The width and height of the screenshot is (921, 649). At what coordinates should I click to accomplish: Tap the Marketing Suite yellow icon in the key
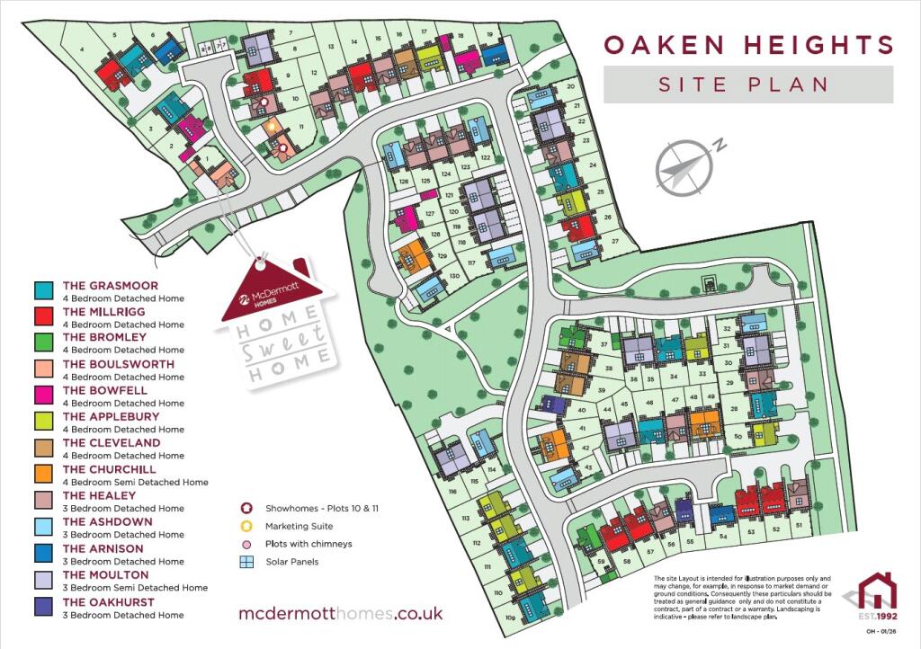247,526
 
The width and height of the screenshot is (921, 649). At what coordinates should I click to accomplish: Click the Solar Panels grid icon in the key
247,562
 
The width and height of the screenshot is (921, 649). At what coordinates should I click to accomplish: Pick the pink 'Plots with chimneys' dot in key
247,544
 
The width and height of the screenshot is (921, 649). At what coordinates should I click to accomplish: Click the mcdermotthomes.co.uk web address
341,614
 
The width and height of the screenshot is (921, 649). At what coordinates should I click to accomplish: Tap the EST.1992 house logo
876,597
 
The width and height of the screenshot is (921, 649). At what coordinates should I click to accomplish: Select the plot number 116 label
452,492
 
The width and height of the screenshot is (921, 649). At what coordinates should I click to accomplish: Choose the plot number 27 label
615,242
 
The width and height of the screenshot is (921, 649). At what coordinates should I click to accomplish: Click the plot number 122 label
485,157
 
